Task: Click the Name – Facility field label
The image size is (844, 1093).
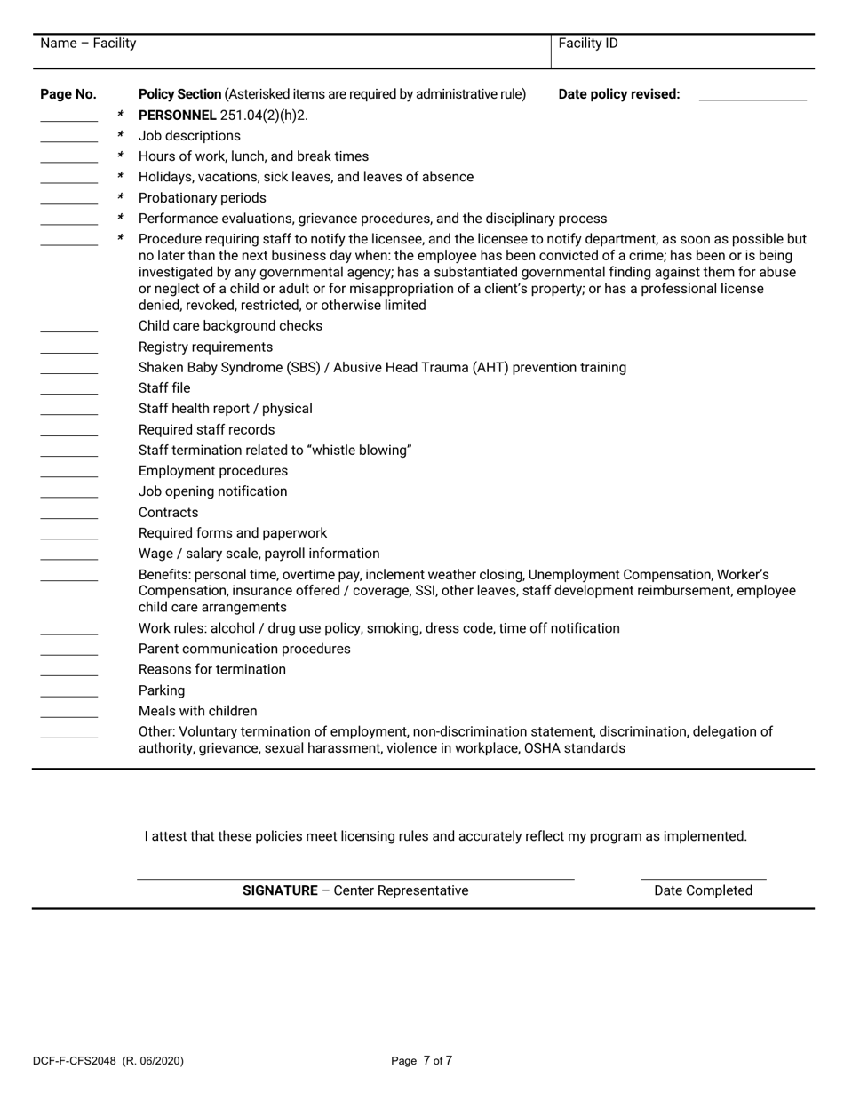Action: click(88, 44)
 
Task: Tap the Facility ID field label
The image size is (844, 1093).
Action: click(587, 44)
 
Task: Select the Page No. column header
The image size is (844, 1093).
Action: click(68, 94)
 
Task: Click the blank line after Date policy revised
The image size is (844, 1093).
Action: click(752, 99)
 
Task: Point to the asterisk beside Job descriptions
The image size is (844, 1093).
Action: click(120, 136)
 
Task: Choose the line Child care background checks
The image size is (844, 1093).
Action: click(230, 326)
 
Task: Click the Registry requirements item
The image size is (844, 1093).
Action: click(205, 347)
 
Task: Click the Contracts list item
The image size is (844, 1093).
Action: click(169, 513)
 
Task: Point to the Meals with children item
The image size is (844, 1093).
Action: click(197, 712)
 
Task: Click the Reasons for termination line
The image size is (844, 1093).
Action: click(211, 670)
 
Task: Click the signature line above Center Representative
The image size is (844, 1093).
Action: click(355, 878)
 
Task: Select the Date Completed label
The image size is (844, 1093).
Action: click(703, 891)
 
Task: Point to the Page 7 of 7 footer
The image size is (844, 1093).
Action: click(422, 1061)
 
